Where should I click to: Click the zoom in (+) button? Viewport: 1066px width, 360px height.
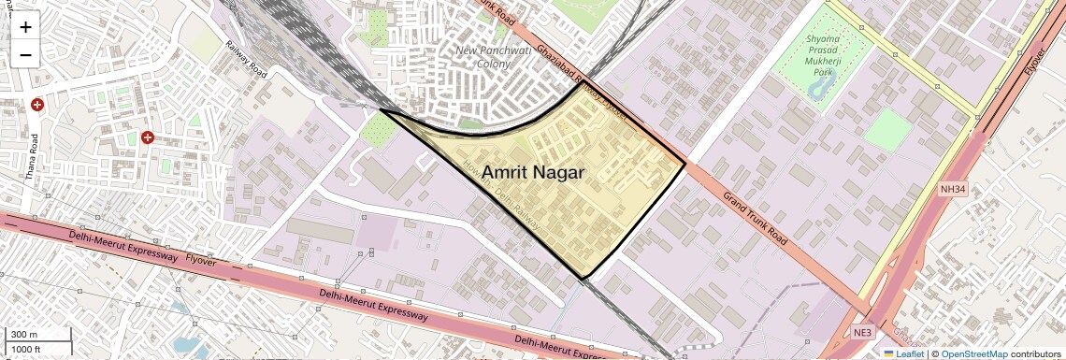coord(25,27)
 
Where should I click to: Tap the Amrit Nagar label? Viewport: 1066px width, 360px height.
coord(533,172)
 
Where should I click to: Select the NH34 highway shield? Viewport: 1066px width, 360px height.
coord(952,190)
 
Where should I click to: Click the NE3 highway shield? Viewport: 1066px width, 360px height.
coord(862,333)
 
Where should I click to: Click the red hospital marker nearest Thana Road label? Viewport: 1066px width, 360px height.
coord(37,106)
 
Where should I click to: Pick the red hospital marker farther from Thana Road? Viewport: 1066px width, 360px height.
coord(148,137)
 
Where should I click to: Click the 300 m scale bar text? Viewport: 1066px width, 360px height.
coord(24,335)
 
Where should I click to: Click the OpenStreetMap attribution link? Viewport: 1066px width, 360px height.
coord(973,354)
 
